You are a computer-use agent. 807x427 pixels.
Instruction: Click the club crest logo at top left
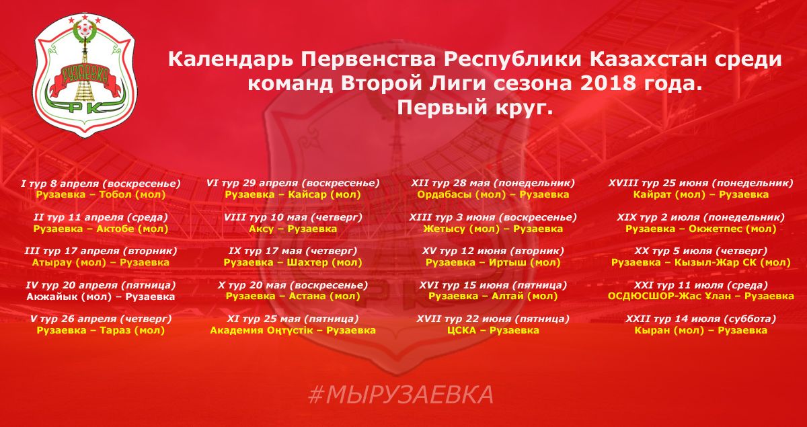tap(85, 76)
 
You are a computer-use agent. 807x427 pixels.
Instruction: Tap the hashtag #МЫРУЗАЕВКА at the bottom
tap(401, 395)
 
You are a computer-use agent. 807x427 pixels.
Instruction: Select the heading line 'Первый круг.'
tap(475, 108)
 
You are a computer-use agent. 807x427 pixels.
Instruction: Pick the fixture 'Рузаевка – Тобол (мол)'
tap(101, 195)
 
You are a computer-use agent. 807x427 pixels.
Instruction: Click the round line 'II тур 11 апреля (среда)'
tap(100, 218)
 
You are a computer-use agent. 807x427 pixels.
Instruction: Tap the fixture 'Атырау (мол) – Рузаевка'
tap(100, 263)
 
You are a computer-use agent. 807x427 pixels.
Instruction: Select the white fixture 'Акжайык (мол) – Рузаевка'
tap(100, 297)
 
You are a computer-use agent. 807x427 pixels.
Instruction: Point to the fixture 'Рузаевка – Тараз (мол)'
tap(100, 330)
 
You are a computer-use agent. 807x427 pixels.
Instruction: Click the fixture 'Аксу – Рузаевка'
tap(293, 229)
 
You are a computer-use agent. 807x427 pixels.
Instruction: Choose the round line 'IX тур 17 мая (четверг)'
tap(293, 251)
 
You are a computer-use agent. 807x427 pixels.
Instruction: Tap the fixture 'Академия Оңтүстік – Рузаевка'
tap(293, 330)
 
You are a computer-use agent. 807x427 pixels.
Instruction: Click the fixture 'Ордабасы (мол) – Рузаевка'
tap(493, 194)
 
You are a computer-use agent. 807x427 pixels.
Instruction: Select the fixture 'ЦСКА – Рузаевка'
tap(493, 330)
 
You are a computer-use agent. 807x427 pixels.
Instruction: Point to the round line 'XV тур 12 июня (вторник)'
tap(493, 251)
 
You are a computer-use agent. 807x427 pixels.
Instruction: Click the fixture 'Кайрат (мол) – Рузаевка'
tap(701, 194)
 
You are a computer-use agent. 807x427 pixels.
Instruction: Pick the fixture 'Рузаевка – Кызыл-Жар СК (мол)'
tap(701, 263)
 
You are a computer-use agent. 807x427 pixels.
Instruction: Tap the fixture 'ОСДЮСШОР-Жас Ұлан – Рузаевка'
tap(701, 296)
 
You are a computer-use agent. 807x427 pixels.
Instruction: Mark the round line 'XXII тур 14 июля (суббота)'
tap(701, 319)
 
